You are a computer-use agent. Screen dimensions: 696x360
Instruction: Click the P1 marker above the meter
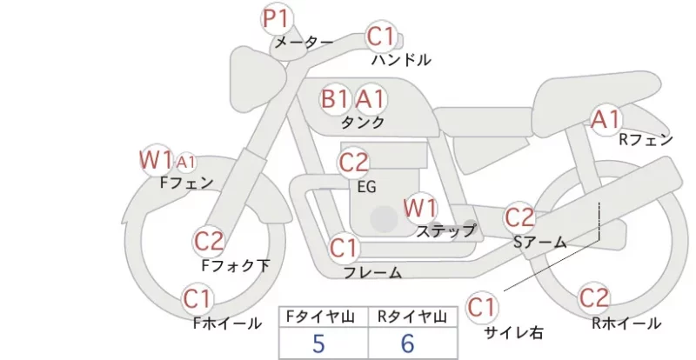coord(276,19)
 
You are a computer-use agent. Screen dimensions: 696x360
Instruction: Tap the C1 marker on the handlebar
coord(381,37)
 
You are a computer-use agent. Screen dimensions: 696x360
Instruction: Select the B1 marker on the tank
coord(334,98)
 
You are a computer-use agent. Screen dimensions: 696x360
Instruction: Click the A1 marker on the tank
coord(370,98)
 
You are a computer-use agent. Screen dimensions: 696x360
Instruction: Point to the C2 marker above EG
coord(353,163)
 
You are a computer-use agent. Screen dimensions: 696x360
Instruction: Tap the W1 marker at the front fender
coord(157,160)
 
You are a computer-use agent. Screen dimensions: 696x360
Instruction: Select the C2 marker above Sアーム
coord(519,217)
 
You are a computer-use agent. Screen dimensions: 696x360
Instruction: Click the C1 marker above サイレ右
coord(482,307)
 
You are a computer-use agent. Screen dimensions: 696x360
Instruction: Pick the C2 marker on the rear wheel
coord(593,297)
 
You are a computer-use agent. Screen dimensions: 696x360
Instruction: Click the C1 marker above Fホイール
coord(197,299)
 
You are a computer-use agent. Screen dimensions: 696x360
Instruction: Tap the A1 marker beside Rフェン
coord(606,119)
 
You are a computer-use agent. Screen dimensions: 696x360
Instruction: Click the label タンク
coord(363,122)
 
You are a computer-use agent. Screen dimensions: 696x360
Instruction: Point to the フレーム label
coord(373,273)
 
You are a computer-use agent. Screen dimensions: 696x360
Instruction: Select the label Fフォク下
coord(235,265)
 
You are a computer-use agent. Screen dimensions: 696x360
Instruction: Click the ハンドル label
coord(401,59)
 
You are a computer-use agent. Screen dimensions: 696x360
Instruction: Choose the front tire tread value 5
coord(318,343)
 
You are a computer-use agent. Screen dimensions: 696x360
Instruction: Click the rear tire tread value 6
coord(407,343)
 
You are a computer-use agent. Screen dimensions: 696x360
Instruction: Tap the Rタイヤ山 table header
coord(412,317)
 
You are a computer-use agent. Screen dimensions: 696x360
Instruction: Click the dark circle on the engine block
coord(384,219)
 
